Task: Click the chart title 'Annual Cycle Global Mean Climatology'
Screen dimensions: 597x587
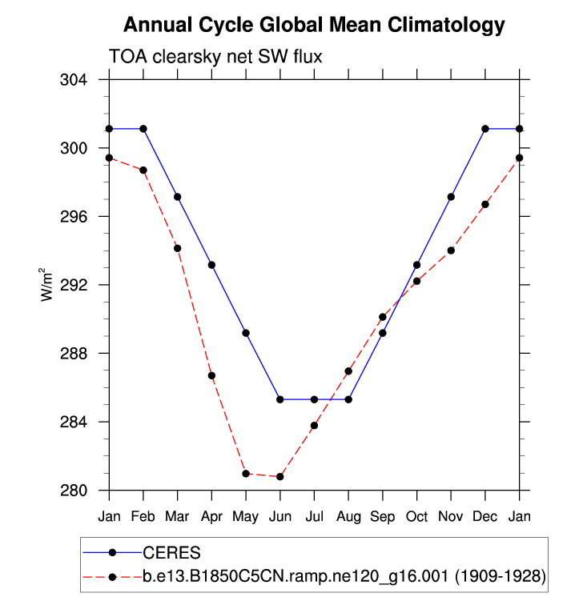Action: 315,26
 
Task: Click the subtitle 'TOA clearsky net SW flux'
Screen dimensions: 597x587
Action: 215,55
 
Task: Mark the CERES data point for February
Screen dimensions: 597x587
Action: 143,129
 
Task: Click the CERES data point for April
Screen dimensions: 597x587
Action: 212,265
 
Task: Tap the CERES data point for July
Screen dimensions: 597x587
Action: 315,399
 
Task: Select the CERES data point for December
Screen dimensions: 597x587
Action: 485,129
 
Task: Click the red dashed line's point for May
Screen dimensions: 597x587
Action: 246,474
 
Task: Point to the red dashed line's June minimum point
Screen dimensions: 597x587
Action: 280,477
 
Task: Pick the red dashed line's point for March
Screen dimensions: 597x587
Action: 178,248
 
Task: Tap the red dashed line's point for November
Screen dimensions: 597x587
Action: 451,250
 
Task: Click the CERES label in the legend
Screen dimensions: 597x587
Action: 171,552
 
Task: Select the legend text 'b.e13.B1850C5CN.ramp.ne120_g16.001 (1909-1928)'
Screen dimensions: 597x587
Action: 344,575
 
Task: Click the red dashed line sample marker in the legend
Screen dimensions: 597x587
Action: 113,575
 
